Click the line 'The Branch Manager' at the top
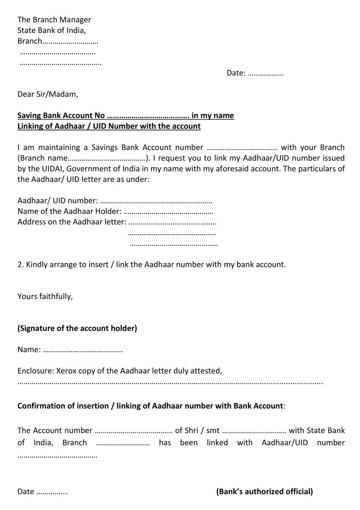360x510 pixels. coord(54,20)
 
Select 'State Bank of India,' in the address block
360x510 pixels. coord(52,30)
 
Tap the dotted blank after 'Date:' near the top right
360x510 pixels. coord(265,73)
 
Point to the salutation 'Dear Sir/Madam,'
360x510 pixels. coord(48,94)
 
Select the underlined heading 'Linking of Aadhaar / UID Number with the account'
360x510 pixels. coord(109,126)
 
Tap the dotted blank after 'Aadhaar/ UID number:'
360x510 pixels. coord(156,201)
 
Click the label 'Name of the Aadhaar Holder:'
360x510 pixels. coord(70,211)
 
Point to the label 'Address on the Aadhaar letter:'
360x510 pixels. coord(72,222)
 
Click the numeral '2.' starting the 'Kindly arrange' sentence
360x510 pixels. coord(20,265)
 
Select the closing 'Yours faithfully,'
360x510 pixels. coord(45,296)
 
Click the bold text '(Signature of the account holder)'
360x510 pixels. coord(77,328)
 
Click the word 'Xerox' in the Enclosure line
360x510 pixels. coord(66,371)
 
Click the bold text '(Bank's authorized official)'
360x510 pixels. coord(265,491)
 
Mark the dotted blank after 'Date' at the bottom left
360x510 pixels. coord(52,493)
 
